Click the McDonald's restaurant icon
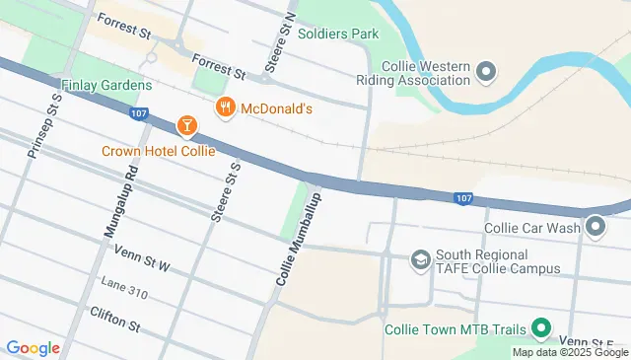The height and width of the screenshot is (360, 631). [226, 108]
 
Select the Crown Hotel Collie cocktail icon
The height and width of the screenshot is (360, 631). [184, 125]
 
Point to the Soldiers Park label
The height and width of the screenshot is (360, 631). [338, 34]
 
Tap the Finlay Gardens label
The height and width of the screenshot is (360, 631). [96, 85]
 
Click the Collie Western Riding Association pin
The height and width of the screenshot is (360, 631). [484, 71]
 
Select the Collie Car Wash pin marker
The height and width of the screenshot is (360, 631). [596, 228]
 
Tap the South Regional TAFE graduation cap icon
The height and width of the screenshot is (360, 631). [421, 259]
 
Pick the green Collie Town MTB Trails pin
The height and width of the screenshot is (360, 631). [540, 328]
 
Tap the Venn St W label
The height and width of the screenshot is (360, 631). [143, 258]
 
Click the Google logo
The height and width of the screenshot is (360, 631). [33, 347]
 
